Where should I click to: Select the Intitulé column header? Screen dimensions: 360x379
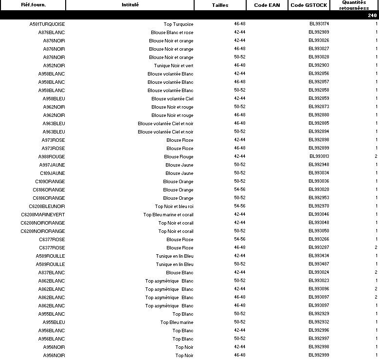[x=130, y=5]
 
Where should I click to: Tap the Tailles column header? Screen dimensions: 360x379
[x=220, y=5]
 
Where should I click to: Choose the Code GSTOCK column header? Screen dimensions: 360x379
[x=308, y=5]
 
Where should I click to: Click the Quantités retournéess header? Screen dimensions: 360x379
[x=354, y=5]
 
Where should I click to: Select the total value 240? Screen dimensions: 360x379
[x=372, y=16]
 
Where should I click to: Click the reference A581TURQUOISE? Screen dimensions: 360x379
[x=47, y=24]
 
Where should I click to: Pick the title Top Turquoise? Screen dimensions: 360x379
[x=179, y=24]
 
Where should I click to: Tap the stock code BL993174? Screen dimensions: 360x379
[x=319, y=24]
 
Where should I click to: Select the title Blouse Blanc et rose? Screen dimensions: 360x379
[x=172, y=33]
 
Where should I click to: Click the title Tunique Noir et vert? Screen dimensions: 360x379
[x=174, y=66]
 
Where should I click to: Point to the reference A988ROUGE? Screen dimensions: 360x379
[x=52, y=157]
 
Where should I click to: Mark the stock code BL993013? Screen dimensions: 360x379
[x=319, y=156]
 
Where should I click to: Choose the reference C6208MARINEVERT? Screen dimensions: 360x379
[x=43, y=215]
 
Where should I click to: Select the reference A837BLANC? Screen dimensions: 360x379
[x=52, y=273]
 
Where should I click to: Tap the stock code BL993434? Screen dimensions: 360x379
[x=319, y=256]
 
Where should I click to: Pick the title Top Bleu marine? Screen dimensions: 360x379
[x=177, y=322]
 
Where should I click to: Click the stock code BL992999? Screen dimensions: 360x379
[x=319, y=355]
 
